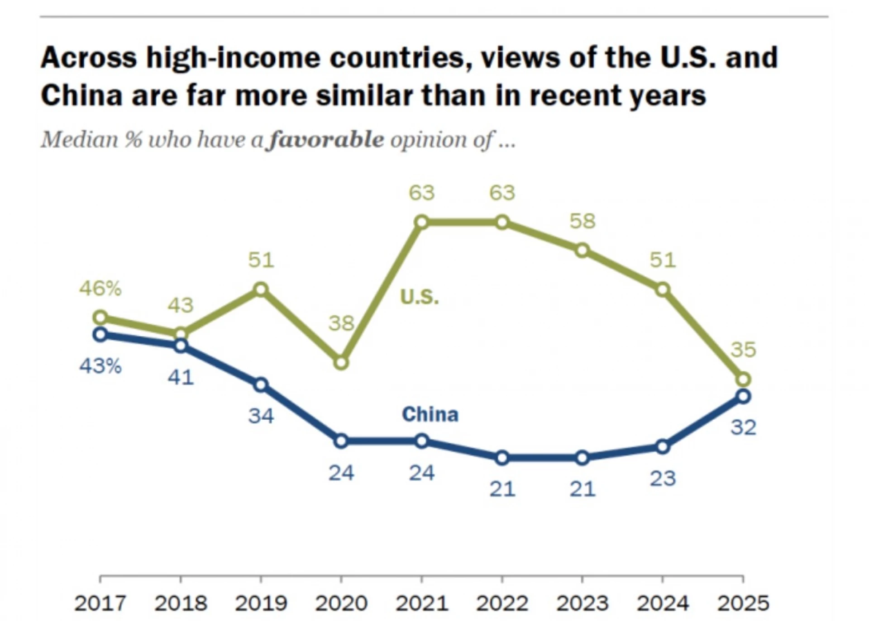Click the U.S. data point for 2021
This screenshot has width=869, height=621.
pos(421,222)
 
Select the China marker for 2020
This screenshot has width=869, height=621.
pos(341,441)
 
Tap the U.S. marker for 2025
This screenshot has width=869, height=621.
pos(743,379)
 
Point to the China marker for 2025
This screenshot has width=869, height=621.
pos(743,397)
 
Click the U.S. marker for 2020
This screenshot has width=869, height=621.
pos(341,362)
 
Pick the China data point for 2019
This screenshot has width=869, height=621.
pos(261,385)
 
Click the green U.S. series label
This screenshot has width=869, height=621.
pos(419,297)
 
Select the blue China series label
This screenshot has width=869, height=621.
pos(430,414)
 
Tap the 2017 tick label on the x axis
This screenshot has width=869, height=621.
pos(100,603)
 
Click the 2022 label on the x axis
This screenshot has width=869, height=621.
pos(502,603)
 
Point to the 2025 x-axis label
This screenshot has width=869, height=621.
pos(743,603)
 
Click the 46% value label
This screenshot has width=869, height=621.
pos(100,288)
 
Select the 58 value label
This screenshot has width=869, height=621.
pos(583,221)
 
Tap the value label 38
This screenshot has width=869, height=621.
pos(341,323)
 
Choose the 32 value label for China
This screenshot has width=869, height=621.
pos(743,427)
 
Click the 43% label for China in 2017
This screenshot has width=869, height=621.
pos(100,366)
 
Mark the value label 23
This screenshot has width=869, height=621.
pos(663,479)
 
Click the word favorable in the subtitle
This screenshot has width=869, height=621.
pos(326,140)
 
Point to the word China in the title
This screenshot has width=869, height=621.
pos(81,95)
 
